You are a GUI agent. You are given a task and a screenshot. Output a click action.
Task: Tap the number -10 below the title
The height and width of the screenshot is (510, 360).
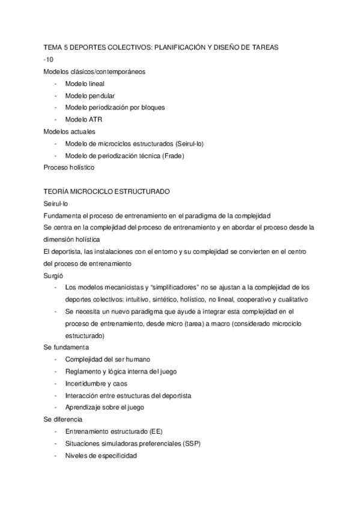pyautogui.click(x=49, y=60)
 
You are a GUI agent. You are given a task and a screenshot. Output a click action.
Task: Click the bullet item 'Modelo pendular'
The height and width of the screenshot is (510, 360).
pyautogui.click(x=90, y=96)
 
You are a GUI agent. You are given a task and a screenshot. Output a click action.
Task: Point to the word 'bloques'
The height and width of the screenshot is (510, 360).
pyautogui.click(x=151, y=108)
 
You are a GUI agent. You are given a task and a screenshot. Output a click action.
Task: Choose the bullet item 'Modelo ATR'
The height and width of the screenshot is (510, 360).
pyautogui.click(x=84, y=120)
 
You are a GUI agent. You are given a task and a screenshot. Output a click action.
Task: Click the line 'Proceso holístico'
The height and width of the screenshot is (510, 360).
pyautogui.click(x=70, y=167)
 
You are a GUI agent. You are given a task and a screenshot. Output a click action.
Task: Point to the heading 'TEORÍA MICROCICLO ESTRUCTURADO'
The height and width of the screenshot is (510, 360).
pyautogui.click(x=107, y=191)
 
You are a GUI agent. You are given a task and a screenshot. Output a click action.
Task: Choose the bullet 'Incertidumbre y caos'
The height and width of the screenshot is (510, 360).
pyautogui.click(x=96, y=383)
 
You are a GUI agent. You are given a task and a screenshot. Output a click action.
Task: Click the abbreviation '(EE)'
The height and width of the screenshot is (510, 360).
pyautogui.click(x=160, y=432)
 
